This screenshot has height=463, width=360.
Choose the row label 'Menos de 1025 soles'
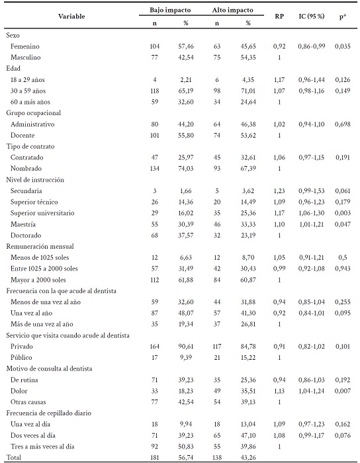[40, 257]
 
